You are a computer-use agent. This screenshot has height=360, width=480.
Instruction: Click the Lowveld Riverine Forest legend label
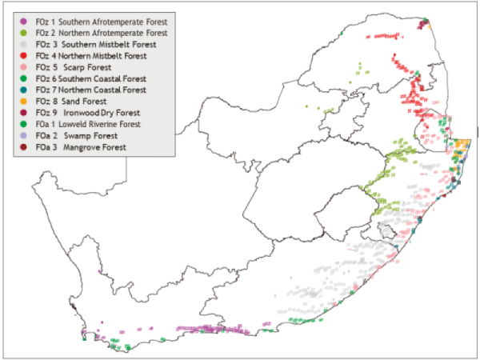(106, 125)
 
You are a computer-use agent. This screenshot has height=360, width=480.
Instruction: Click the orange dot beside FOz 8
(24, 102)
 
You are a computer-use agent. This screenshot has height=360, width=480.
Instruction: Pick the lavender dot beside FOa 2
(24, 137)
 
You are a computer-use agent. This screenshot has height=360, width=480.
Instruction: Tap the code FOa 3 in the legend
(45, 148)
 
